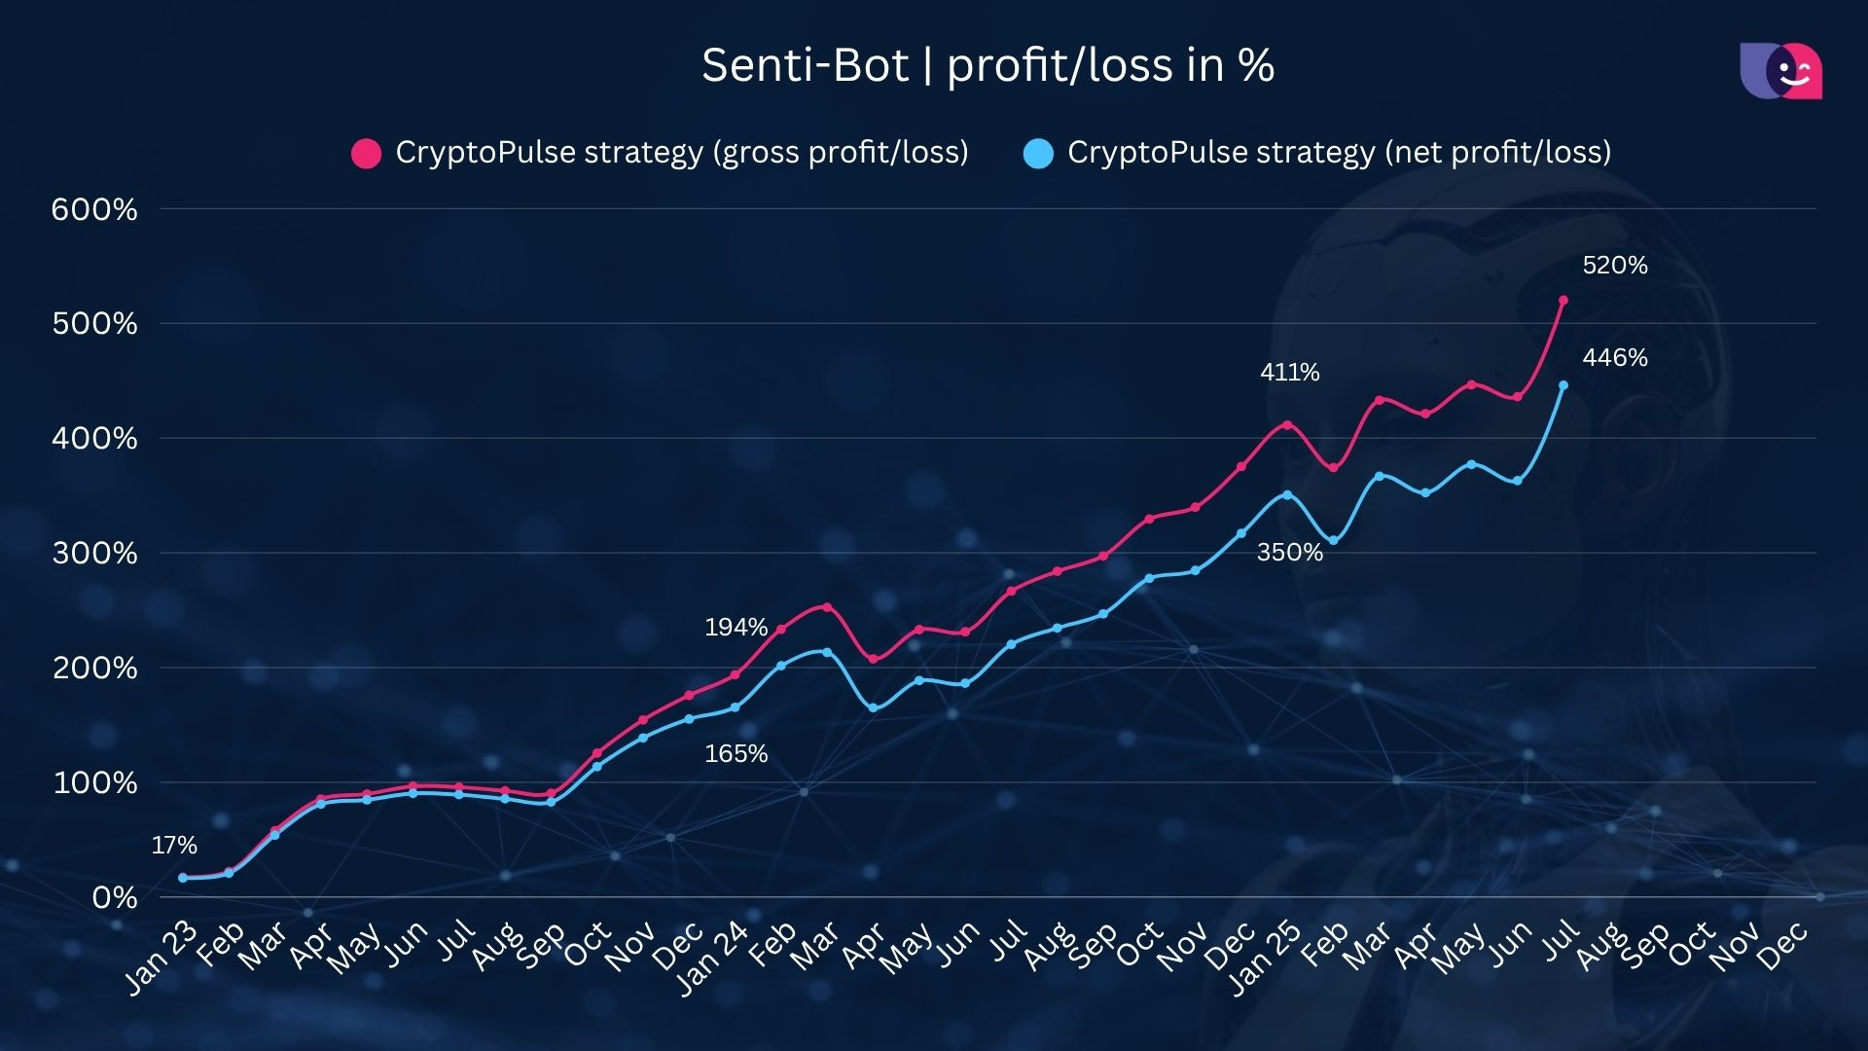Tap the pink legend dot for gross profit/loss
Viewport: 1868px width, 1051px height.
(366, 154)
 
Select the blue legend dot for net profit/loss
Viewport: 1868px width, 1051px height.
(1039, 154)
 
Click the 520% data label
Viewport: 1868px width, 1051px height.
(1614, 265)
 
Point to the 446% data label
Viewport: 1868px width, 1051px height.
(1614, 357)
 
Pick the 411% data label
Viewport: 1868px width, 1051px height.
(1289, 372)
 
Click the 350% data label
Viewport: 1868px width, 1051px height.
(1289, 552)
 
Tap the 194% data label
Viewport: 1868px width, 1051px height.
(736, 627)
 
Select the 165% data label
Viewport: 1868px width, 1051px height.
(736, 753)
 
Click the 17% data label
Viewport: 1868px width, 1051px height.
(174, 845)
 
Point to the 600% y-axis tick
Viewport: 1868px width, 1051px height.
(94, 209)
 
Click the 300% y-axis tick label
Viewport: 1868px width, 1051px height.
(94, 553)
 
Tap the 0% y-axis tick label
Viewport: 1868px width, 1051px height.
(115, 897)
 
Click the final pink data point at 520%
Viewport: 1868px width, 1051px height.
(1563, 301)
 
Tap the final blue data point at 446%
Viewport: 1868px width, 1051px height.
(1563, 385)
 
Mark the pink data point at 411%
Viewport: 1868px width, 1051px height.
(1287, 424)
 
